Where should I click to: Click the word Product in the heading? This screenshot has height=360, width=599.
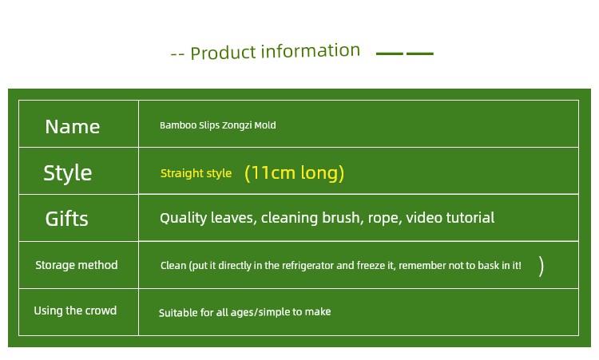click(223, 53)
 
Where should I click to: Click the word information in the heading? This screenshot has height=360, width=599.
click(311, 51)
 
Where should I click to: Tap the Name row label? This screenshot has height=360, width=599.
click(72, 127)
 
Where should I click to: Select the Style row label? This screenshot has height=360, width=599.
click(68, 173)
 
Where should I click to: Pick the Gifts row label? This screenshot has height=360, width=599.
click(67, 219)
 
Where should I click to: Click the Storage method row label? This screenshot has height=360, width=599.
click(77, 265)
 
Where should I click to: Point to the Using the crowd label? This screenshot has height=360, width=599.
click(75, 311)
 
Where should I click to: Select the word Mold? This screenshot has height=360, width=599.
click(265, 125)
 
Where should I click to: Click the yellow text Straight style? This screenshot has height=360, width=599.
click(196, 173)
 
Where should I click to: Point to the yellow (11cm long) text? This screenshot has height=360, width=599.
click(294, 173)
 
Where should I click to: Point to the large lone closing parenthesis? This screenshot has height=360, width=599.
click(541, 266)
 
